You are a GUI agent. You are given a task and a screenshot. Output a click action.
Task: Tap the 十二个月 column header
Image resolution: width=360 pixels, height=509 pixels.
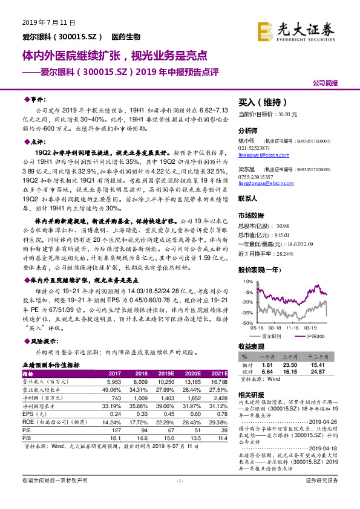[x=319, y=358]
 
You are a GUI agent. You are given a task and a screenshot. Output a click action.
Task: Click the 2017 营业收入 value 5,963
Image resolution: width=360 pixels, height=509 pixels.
[x=113, y=383]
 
